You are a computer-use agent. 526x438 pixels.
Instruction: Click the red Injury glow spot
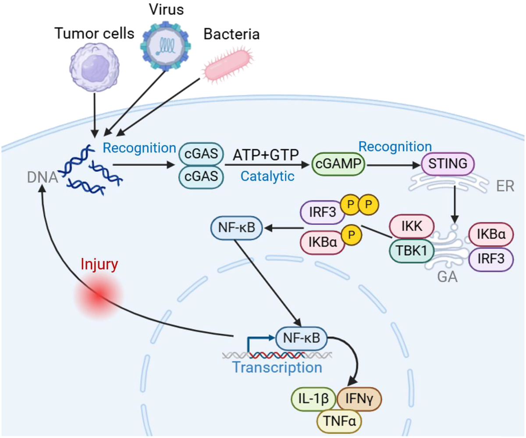pyautogui.click(x=98, y=298)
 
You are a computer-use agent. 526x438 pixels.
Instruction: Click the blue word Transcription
pyautogui.click(x=277, y=367)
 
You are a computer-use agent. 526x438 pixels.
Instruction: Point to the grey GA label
pyautogui.click(x=447, y=277)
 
